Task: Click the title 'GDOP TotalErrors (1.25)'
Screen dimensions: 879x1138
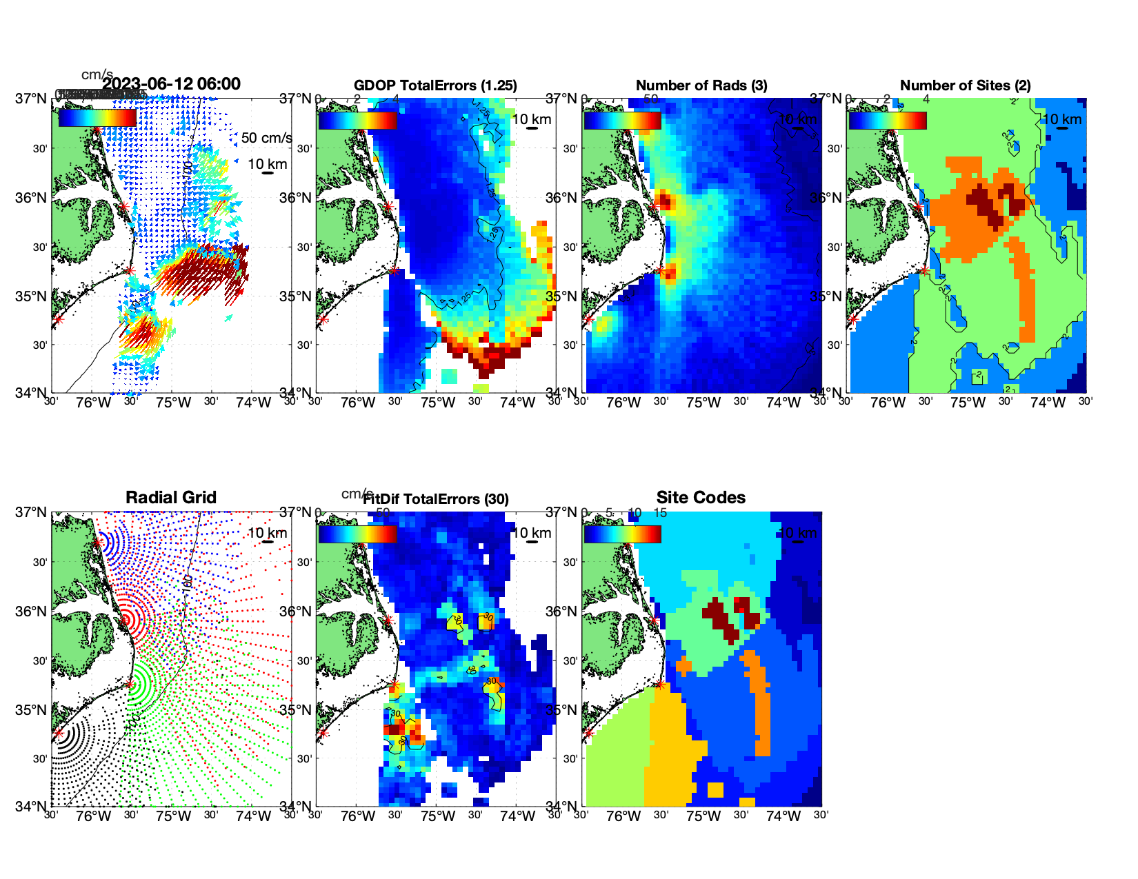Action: pos(435,85)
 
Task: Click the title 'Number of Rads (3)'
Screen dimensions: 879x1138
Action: pos(701,85)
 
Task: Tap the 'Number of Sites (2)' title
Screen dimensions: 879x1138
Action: pos(965,85)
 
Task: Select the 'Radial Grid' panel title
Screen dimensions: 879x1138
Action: pos(171,498)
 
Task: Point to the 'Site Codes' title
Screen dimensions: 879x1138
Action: pos(701,498)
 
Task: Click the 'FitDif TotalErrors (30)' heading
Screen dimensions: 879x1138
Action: pos(436,499)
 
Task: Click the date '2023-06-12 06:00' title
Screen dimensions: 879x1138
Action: pos(171,84)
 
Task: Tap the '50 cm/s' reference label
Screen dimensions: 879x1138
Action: pos(266,138)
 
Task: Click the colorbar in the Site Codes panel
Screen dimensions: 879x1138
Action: pos(622,534)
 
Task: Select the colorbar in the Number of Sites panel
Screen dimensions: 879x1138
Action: pos(888,121)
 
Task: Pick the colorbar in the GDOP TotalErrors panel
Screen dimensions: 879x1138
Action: pos(357,121)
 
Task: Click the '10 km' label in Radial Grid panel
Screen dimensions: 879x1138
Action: pos(267,533)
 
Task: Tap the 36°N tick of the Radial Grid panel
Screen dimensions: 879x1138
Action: pos(32,612)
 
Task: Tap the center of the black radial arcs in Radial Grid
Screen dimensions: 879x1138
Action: pos(59,733)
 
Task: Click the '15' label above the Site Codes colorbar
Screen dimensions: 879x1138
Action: pos(660,513)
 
